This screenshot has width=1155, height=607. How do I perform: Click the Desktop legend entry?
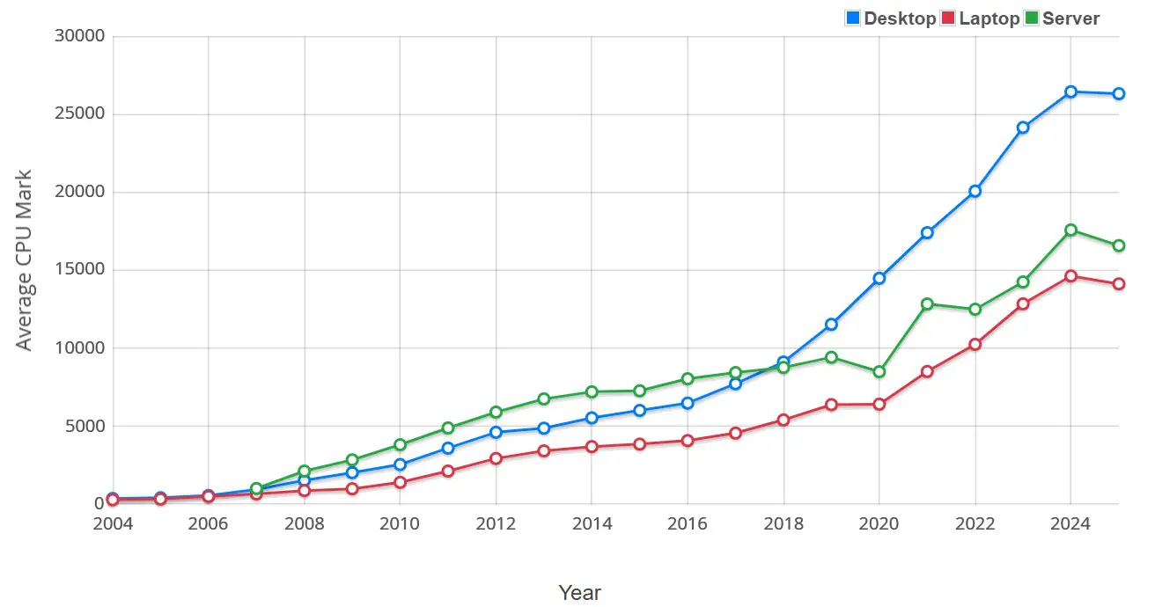tap(890, 18)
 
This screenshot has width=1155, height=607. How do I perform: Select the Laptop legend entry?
tap(980, 18)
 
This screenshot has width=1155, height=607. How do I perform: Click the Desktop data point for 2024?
tap(1070, 91)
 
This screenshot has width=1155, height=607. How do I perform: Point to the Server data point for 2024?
tap(1070, 230)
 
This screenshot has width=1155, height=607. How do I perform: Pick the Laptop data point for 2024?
tap(1070, 275)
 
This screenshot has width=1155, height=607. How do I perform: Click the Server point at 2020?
tap(879, 372)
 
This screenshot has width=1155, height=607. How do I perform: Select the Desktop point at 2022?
tap(975, 191)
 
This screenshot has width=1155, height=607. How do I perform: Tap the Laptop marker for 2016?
tap(688, 441)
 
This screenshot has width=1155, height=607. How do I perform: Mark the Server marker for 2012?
tap(496, 412)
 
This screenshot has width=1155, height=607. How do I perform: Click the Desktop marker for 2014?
tap(592, 418)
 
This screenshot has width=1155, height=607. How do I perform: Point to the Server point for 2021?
tap(927, 303)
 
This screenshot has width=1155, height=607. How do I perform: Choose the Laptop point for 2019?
tap(831, 405)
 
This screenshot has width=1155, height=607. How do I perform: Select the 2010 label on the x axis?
tap(400, 524)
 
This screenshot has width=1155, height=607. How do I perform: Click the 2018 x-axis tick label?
tap(783, 524)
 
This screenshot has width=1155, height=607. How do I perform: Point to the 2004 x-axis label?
tap(113, 524)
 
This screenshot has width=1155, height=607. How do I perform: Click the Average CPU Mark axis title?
tap(25, 260)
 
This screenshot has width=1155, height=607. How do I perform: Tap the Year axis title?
tap(580, 593)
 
